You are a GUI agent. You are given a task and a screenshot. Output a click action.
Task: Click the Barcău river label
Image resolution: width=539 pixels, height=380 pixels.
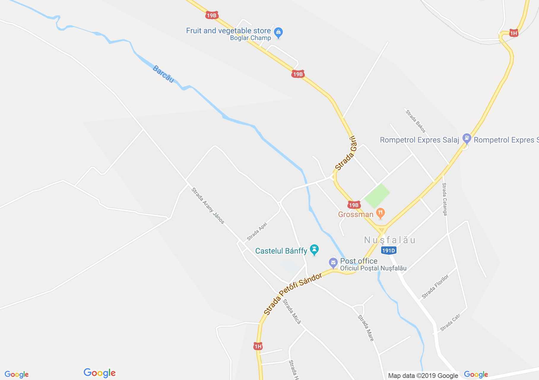163,74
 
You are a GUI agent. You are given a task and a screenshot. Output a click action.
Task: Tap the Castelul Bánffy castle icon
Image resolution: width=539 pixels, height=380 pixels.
314,250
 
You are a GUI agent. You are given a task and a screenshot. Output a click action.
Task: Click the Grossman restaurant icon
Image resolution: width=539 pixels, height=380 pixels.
380,213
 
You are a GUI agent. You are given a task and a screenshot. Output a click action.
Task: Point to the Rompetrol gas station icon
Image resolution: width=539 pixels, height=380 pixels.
467,139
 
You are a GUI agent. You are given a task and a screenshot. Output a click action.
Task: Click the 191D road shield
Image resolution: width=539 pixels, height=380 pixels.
389,251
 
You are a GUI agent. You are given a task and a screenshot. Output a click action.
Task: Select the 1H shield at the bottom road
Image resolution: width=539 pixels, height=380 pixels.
258,346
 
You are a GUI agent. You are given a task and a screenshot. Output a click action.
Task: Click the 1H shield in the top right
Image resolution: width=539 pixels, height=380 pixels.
513,33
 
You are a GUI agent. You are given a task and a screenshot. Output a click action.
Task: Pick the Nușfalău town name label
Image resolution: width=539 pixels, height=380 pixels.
390,240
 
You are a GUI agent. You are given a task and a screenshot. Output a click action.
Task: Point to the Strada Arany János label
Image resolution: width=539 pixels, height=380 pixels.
208,205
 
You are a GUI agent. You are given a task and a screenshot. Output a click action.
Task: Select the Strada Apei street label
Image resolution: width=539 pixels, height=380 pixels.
257,232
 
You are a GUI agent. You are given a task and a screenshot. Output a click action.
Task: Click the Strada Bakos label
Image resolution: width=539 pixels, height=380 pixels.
416,121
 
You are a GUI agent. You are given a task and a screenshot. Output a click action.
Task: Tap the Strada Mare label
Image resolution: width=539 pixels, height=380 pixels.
366,328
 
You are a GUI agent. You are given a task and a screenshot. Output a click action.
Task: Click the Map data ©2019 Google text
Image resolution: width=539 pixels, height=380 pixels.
423,376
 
